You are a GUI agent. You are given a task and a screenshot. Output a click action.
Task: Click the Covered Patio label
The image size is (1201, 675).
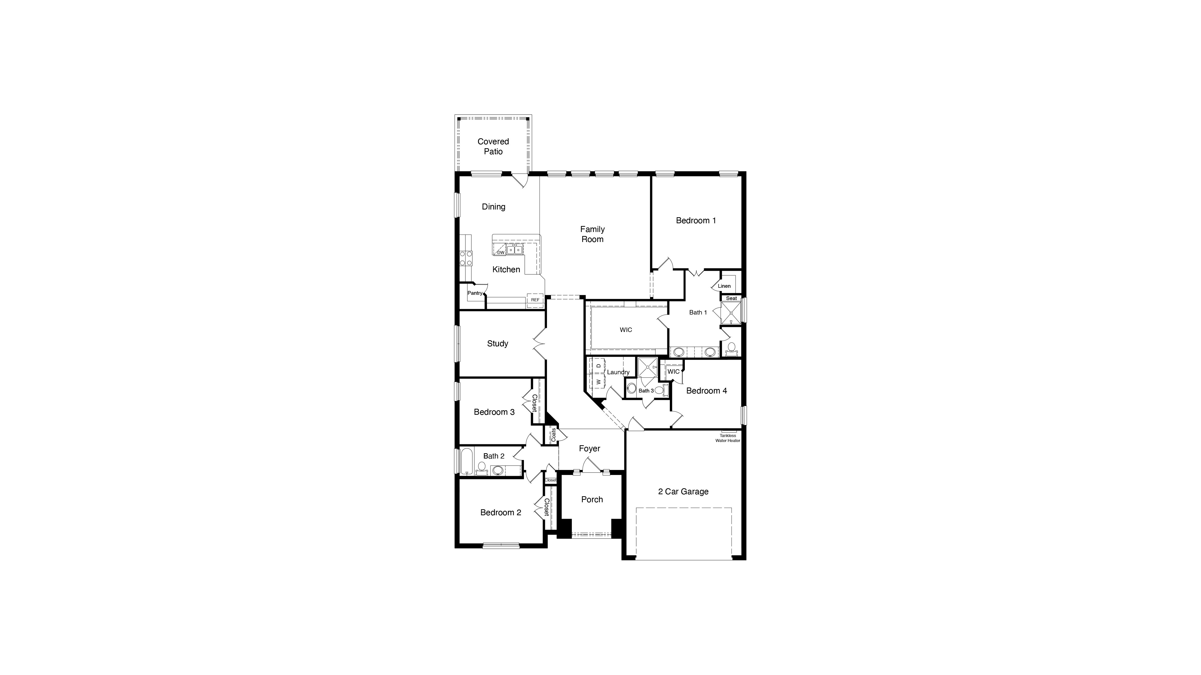[x=493, y=146]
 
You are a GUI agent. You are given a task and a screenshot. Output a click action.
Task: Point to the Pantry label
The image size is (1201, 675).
[x=475, y=293]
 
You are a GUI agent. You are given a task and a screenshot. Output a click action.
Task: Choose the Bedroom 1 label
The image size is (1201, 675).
[x=696, y=220]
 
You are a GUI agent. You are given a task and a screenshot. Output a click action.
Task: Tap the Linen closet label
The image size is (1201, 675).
[x=724, y=286]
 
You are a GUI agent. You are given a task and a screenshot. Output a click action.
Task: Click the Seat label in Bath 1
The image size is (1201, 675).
[x=731, y=298]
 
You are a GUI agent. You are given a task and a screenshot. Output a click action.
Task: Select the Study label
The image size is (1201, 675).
[x=497, y=343]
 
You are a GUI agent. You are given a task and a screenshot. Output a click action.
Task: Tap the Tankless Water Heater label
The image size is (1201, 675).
[x=728, y=438]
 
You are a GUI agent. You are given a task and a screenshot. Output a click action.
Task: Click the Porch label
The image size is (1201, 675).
[x=592, y=499]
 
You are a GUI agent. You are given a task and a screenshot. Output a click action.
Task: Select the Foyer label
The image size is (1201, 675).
[x=589, y=448]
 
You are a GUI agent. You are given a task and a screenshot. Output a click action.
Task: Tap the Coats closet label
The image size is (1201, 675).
[x=553, y=435]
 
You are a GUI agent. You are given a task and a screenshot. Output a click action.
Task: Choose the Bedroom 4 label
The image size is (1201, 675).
[x=706, y=391]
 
